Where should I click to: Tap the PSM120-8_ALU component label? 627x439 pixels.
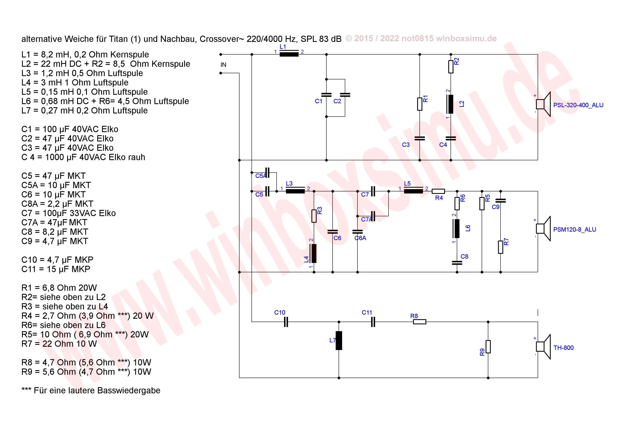click(575, 230)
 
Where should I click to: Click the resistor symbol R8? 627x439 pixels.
click(419, 322)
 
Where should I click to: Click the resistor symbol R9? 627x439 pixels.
click(488, 347)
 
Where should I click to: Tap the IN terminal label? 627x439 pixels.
click(223, 65)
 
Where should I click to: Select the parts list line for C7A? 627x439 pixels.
click(54, 222)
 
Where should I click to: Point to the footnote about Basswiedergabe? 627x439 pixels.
click(91, 390)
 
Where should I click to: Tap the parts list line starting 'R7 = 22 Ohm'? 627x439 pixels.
click(59, 344)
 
